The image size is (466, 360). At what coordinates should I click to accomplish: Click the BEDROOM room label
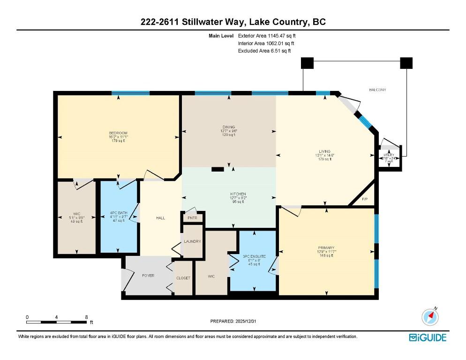pyautogui.click(x=118, y=133)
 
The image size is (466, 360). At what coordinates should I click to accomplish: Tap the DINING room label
pyautogui.click(x=229, y=126)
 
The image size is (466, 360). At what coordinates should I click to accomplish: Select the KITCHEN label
pyautogui.click(x=238, y=194)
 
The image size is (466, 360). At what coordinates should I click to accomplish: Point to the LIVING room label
pyautogui.click(x=325, y=151)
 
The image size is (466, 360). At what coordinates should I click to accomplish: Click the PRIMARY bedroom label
pyautogui.click(x=325, y=247)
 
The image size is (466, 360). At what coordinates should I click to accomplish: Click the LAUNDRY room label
pyautogui.click(x=192, y=241)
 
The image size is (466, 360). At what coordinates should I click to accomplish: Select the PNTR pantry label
pyautogui.click(x=192, y=218)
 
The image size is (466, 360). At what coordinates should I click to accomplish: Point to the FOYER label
pyautogui.click(x=148, y=275)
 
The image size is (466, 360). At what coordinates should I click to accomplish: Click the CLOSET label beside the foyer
pyautogui.click(x=183, y=277)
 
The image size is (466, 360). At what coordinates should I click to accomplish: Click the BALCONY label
pyautogui.click(x=377, y=90)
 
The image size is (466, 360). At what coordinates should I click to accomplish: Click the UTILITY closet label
pyautogui.click(x=389, y=155)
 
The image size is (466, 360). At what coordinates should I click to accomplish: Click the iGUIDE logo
pyautogui.click(x=428, y=337)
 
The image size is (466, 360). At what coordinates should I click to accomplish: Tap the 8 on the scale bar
pyautogui.click(x=86, y=317)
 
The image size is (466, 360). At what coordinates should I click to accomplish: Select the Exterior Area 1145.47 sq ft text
pyautogui.click(x=267, y=35)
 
